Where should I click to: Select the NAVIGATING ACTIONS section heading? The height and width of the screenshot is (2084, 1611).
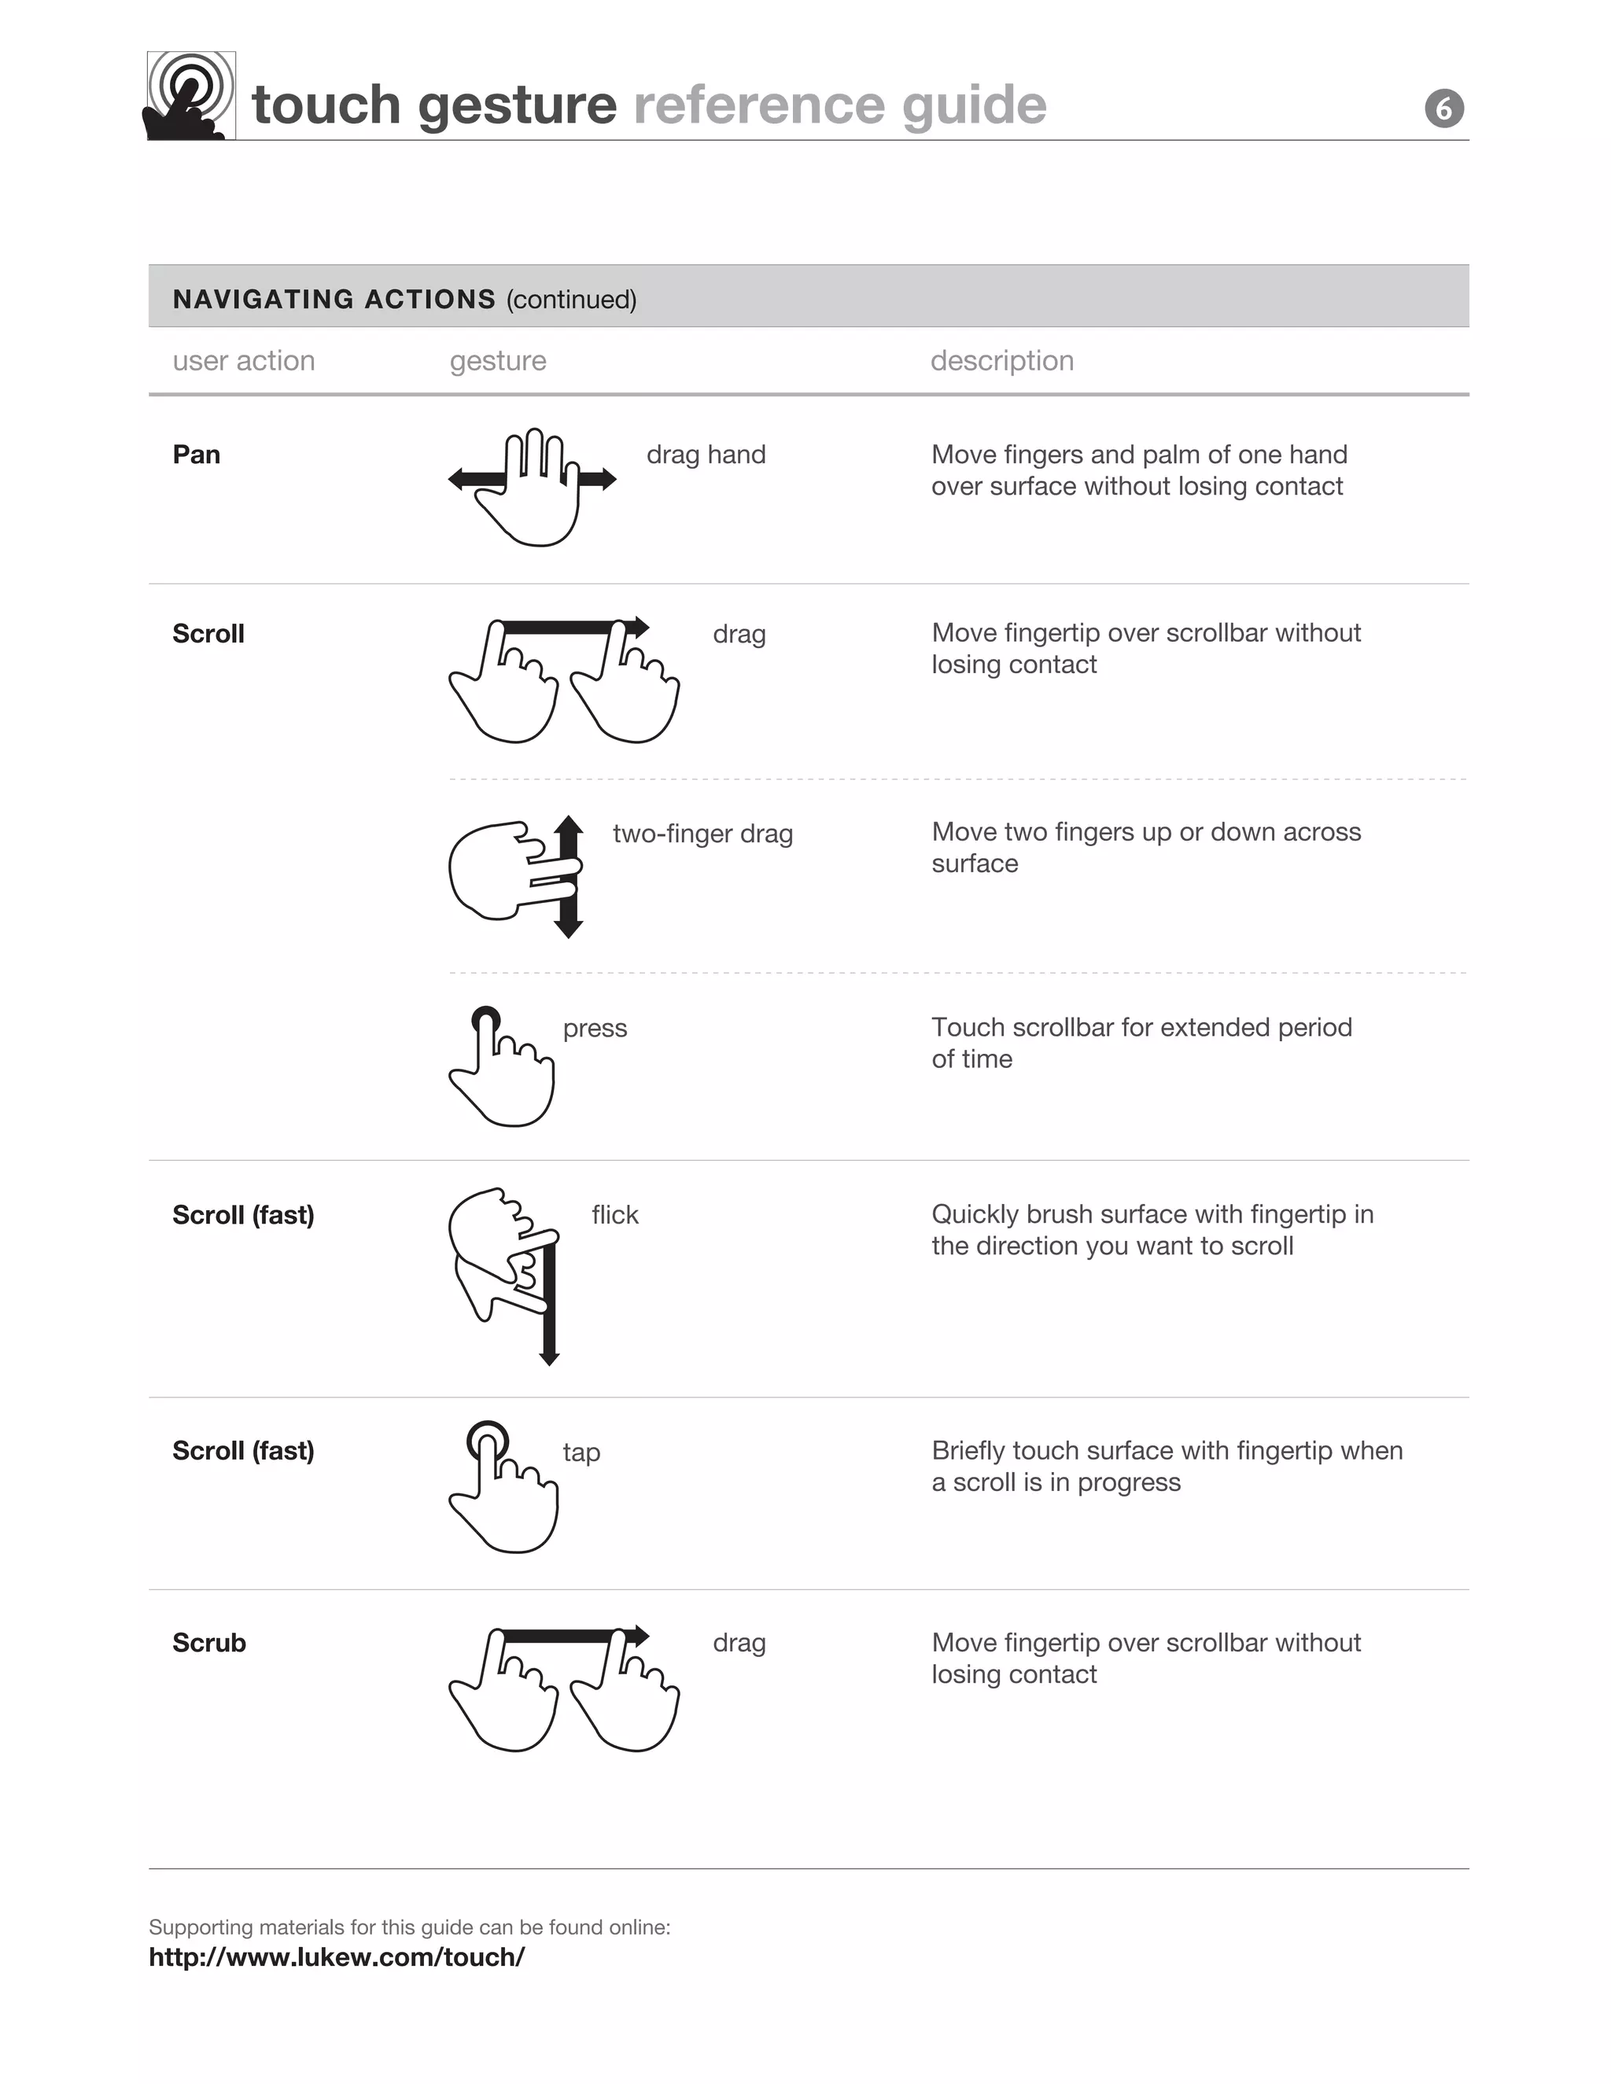(x=334, y=299)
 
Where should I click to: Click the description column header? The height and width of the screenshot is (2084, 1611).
(x=1001, y=361)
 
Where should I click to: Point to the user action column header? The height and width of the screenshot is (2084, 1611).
(x=243, y=361)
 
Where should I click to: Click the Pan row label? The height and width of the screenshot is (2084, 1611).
(x=197, y=455)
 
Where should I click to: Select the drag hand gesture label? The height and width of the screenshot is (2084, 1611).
(x=706, y=455)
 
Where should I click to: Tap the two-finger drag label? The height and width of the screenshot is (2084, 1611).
(x=702, y=833)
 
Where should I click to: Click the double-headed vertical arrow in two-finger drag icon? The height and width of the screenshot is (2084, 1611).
(x=569, y=877)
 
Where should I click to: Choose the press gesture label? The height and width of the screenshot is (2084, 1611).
(x=595, y=1028)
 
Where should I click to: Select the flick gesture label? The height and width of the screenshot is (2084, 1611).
(x=614, y=1215)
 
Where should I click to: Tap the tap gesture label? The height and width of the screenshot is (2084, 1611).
(x=581, y=1452)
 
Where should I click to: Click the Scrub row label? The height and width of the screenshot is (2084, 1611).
(x=209, y=1642)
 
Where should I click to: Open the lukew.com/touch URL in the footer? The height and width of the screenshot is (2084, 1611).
(x=336, y=1957)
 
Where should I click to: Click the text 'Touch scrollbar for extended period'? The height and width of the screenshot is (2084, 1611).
(x=1141, y=1027)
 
